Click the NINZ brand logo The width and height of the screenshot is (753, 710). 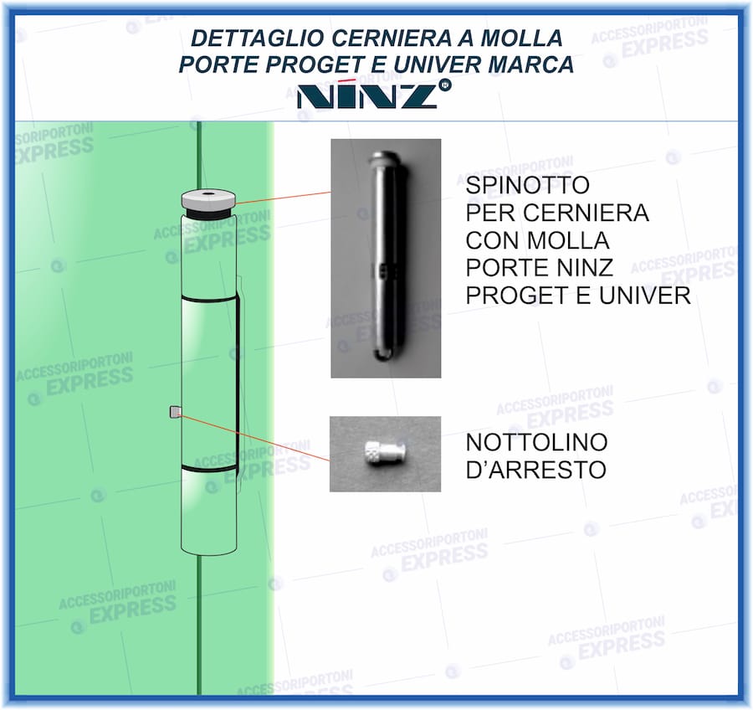367,95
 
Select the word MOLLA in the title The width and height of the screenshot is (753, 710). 525,38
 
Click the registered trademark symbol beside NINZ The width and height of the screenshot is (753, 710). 445,85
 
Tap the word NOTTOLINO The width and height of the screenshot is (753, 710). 536,442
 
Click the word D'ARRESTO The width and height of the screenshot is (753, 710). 535,470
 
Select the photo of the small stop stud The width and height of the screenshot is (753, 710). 385,454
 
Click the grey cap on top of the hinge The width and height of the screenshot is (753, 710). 208,199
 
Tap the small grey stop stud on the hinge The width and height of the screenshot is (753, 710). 176,411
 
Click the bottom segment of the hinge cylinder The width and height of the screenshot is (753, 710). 208,511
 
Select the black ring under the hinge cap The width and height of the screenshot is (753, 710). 208,214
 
